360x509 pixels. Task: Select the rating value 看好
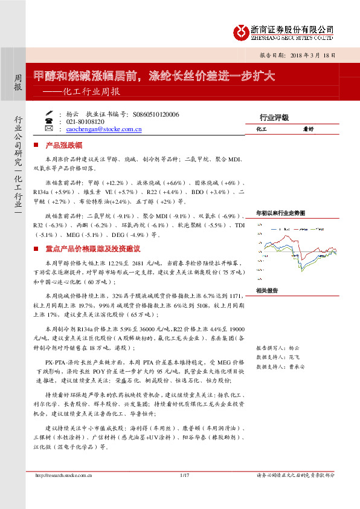tap(309, 129)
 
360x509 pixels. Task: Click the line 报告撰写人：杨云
tap(277, 349)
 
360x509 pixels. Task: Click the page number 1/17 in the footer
tap(185, 475)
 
